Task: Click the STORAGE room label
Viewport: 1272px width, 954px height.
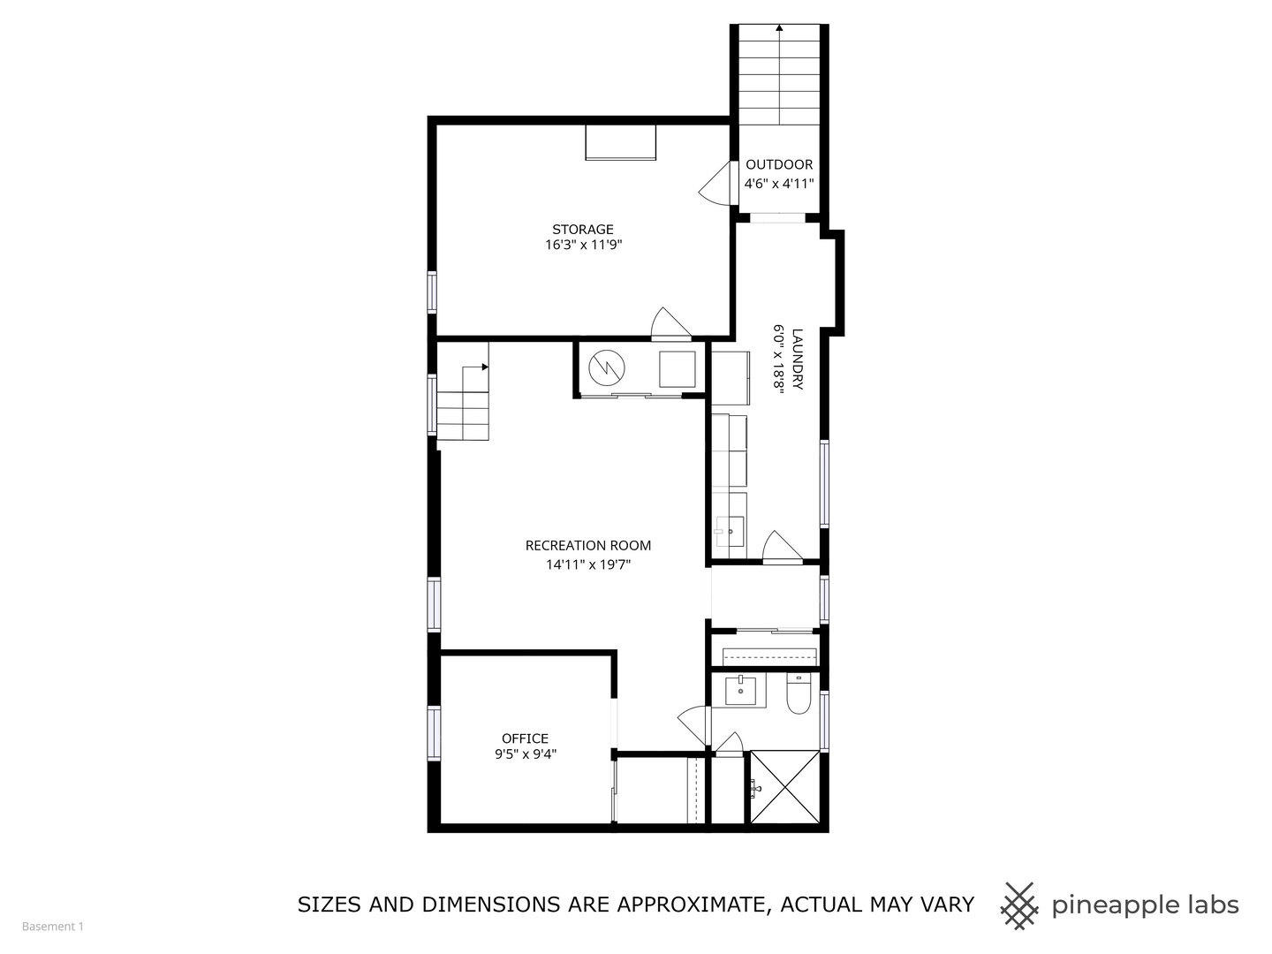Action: point(583,230)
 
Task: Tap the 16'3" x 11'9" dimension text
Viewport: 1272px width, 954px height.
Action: point(583,246)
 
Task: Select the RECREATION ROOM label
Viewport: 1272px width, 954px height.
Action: point(588,546)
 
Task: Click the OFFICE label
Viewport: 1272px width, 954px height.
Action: point(525,738)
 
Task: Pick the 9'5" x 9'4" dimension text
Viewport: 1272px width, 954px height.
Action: point(525,754)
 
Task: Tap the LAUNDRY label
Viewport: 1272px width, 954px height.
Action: point(798,360)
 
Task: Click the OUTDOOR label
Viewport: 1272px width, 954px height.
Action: point(779,165)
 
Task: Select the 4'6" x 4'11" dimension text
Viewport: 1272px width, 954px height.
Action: point(779,184)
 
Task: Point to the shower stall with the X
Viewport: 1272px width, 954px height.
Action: point(785,786)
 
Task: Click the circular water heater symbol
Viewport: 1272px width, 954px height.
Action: point(606,367)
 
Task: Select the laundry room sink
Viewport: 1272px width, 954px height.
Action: point(730,532)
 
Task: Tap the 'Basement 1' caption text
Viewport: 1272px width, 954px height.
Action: point(53,927)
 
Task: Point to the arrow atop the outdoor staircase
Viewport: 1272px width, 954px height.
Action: point(779,28)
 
